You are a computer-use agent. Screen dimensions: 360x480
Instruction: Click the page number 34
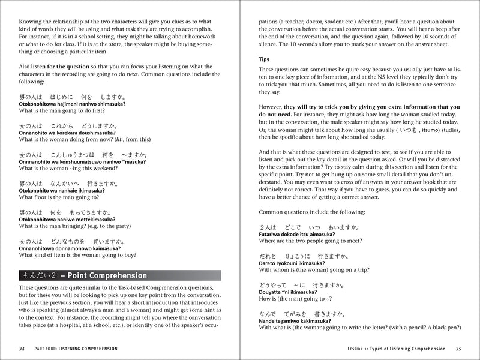[x=22, y=348]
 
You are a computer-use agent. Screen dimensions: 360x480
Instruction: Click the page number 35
[x=458, y=348]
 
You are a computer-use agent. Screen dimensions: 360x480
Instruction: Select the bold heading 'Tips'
[x=265, y=60]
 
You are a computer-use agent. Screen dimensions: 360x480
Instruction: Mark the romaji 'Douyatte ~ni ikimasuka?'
[x=289, y=292]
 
